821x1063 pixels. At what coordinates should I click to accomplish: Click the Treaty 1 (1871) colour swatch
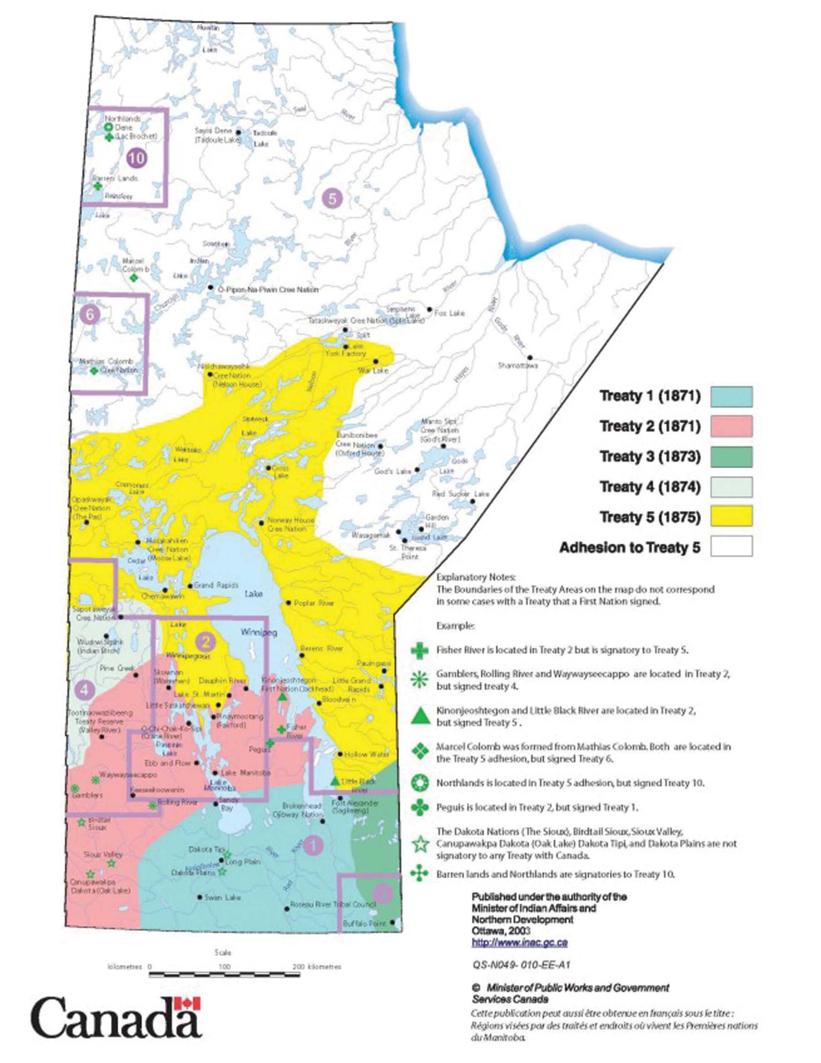point(731,396)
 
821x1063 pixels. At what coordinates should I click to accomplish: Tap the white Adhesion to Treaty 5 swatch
point(731,546)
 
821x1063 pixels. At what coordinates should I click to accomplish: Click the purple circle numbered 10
point(136,158)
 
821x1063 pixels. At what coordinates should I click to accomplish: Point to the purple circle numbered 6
point(90,314)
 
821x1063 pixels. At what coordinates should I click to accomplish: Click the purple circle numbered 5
point(332,198)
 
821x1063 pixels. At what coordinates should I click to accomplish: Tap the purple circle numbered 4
point(85,690)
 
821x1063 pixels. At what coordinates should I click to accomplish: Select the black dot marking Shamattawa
point(530,358)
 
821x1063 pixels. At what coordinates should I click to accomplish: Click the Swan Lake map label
point(222,897)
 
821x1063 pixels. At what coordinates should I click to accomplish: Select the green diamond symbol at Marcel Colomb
point(134,278)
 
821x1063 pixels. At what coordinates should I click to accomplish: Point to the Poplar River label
point(314,603)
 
